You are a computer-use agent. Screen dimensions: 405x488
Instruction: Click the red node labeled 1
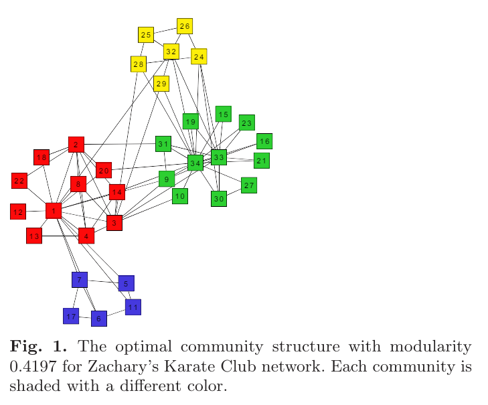click(53, 211)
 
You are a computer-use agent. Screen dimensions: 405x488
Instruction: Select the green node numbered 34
click(195, 163)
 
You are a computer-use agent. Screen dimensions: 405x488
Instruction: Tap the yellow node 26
click(185, 26)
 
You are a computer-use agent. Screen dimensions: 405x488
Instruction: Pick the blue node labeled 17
click(71, 315)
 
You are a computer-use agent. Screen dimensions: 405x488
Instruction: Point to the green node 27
click(249, 185)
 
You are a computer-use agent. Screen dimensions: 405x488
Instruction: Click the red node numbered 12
click(18, 212)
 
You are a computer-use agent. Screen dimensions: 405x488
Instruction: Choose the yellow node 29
click(161, 84)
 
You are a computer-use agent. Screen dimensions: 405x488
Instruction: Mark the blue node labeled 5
click(127, 283)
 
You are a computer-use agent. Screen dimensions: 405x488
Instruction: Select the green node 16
click(264, 141)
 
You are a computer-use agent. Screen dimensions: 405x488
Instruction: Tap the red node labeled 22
click(19, 180)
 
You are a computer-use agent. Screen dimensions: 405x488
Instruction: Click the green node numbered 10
click(179, 195)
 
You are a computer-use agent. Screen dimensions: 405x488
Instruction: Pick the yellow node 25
click(146, 34)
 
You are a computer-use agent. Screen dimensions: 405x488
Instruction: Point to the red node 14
click(116, 192)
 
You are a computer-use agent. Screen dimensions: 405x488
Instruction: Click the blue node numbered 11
click(133, 307)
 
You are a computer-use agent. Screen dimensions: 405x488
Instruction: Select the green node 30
click(219, 198)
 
